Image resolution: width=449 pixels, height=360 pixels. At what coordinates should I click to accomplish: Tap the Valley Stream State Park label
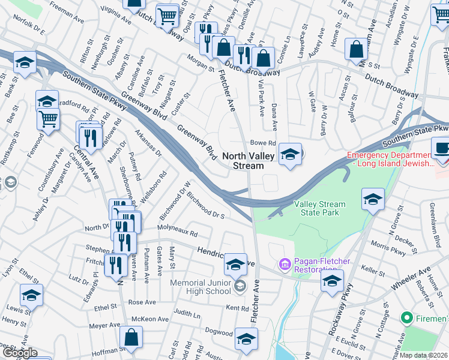pos(316,208)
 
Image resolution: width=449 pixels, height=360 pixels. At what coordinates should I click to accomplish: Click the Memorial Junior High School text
pos(200,287)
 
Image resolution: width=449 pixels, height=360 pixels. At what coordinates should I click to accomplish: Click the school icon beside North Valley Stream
pos(290,155)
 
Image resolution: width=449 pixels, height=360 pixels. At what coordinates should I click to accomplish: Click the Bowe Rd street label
pos(262,143)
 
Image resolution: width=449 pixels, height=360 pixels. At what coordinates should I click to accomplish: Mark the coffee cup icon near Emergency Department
pos(442,148)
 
